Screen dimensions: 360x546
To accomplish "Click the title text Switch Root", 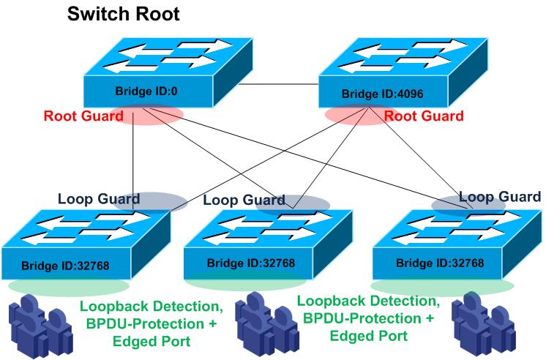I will point(123,14).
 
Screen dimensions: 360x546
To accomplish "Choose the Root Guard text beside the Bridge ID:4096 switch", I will point(423,116).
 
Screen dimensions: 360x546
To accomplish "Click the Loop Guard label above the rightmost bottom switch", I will point(499,196).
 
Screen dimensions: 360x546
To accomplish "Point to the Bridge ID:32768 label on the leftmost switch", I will point(69,264).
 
